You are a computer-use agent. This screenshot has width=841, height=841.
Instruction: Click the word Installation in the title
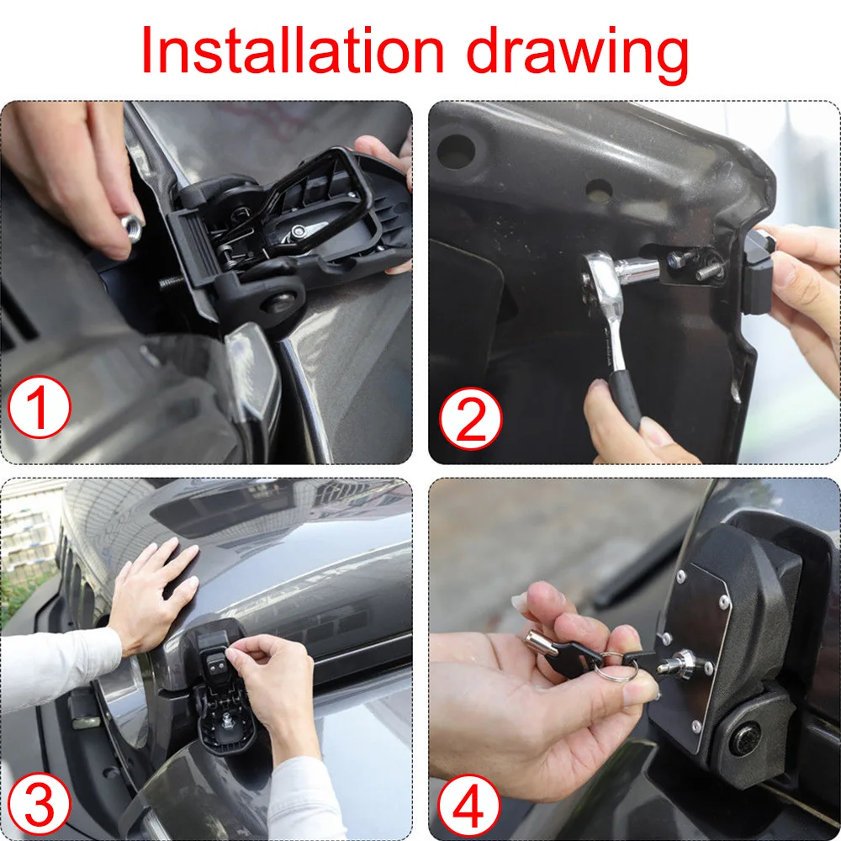pos(293,51)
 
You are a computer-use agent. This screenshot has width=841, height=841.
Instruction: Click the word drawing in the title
pos(578,55)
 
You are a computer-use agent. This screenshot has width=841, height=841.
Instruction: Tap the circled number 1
pos(39,407)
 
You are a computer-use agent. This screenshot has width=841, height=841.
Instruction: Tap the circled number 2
pos(470,418)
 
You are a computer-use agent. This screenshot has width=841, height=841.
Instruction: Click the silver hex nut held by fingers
pos(130,227)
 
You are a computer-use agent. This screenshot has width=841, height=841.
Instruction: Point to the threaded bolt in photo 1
pos(172,282)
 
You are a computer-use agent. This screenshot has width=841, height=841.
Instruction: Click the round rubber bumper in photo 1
pos(281,306)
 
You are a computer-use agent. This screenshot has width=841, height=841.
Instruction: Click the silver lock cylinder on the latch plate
pos(680,664)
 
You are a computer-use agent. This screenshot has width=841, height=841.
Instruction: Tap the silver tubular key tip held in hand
pos(537,640)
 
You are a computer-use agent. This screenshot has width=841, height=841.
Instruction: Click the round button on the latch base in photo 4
pos(745,738)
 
